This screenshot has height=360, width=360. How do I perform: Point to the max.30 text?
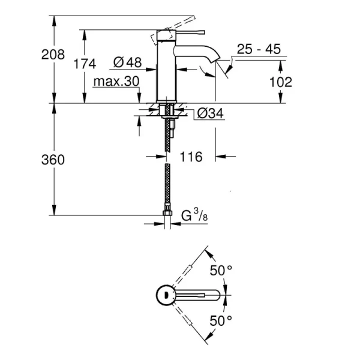pyautogui.click(x=116, y=81)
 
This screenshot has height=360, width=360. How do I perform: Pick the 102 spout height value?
pyautogui.click(x=280, y=82)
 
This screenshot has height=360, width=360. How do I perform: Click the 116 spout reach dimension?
pyautogui.click(x=191, y=157)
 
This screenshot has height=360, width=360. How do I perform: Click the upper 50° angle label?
pyautogui.click(x=220, y=271)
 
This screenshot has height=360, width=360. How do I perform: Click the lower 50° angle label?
pyautogui.click(x=220, y=320)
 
